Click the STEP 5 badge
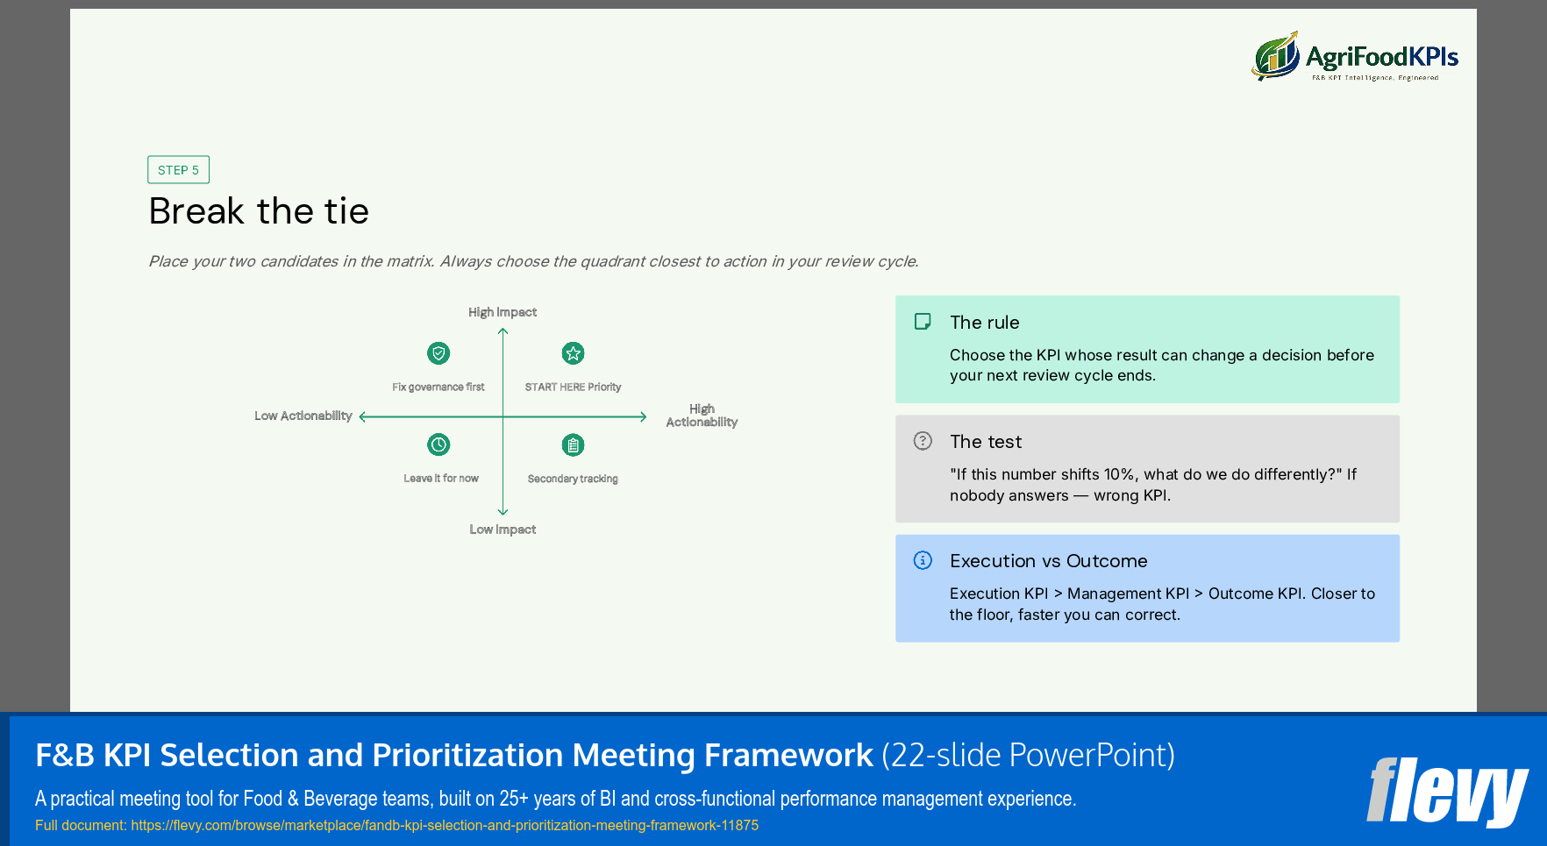178,170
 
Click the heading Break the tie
259,211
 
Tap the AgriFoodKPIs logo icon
1275,57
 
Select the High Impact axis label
502,312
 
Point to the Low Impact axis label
502,530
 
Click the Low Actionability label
303,416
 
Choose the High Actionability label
702,416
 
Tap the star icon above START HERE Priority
573,353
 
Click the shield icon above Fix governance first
438,353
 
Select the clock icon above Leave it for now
438,444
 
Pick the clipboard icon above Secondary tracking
573,445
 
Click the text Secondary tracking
573,479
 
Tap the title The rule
984,323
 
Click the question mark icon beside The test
923,441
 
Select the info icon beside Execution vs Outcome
923,560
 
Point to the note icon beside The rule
923,322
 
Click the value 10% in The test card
1120,474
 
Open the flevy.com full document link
445,825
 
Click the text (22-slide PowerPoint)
1028,755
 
